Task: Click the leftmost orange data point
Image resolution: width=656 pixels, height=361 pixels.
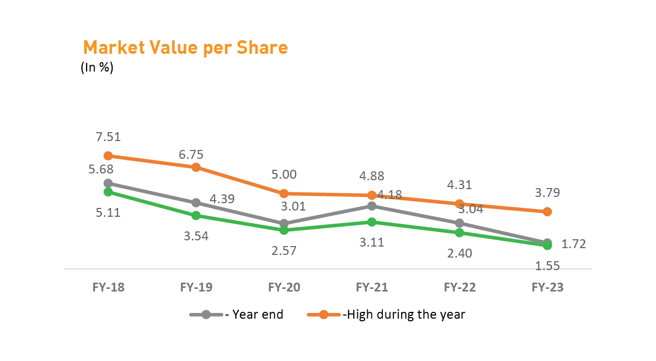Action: coord(108,156)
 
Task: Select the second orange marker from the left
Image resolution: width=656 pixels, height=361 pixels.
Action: coord(196,167)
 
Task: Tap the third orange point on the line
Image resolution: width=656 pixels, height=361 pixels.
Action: coord(284,193)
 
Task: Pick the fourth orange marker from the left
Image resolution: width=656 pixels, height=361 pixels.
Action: coord(371,195)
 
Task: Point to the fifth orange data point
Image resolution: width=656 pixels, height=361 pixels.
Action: coord(459,204)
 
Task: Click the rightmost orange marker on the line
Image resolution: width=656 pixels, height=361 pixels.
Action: coord(547,212)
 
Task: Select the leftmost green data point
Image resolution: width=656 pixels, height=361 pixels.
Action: coord(108,192)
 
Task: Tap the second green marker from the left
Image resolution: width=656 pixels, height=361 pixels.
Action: coord(196,215)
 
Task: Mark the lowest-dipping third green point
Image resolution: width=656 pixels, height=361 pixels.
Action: coord(284,230)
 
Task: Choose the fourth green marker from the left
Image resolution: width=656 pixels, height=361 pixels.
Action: coord(371,223)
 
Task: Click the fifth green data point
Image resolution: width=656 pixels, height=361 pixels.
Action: coord(459,232)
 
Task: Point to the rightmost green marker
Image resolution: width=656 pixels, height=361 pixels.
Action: coord(547,246)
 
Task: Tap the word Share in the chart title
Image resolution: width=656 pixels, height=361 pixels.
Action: coord(262,48)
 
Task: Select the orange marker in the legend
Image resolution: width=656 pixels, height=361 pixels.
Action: coord(323,315)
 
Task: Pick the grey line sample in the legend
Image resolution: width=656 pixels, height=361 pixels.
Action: coord(206,315)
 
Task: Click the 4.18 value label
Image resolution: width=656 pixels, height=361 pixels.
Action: coord(390,196)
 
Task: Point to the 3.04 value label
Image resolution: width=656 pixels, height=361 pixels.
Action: coord(471,208)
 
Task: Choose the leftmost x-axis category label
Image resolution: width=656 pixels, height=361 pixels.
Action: coord(109,286)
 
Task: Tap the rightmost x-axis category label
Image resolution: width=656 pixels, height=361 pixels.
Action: coord(547,286)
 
